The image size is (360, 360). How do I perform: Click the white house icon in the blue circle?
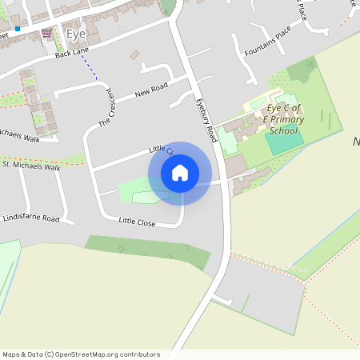(180, 173)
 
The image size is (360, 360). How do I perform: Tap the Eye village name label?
(77, 34)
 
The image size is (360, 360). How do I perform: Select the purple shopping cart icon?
(46, 33)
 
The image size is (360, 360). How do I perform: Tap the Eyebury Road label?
(206, 120)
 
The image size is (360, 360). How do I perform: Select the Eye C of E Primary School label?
(286, 119)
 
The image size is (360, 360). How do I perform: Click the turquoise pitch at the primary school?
(284, 142)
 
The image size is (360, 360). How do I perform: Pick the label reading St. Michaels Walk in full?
(31, 167)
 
